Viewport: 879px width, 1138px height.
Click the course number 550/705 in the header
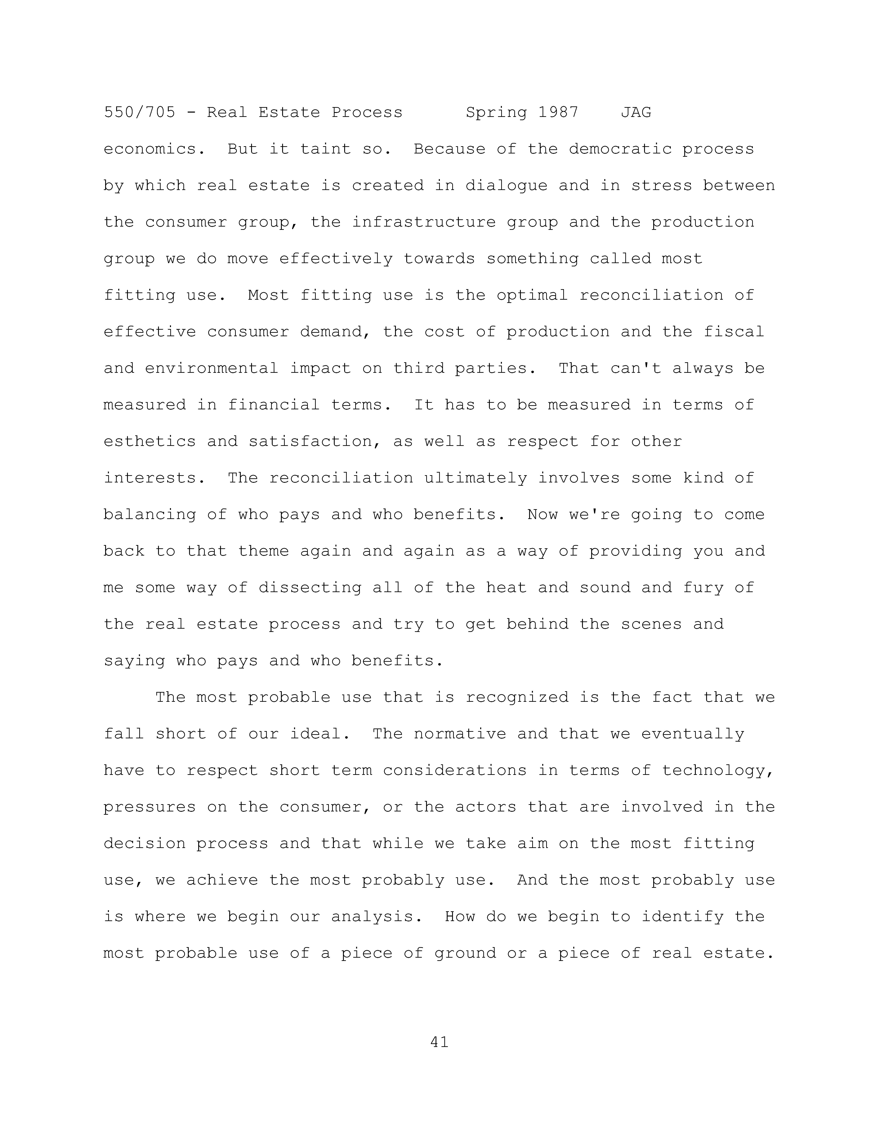click(x=140, y=113)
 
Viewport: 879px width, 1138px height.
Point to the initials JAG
click(x=636, y=113)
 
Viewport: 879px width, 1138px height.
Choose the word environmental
click(x=211, y=368)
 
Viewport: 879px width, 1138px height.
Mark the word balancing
click(x=149, y=515)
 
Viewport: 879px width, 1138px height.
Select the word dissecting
click(x=310, y=588)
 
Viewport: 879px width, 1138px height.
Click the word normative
click(x=460, y=734)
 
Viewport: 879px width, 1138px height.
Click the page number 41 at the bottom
click(x=439, y=1042)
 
